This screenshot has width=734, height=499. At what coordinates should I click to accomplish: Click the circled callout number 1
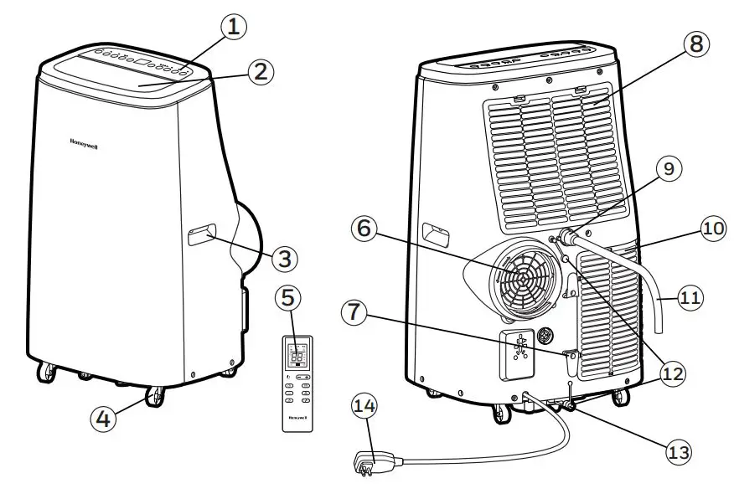coord(234,27)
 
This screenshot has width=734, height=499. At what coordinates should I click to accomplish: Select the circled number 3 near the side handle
coord(285,259)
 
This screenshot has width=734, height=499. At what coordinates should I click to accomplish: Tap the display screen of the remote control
coord(297,355)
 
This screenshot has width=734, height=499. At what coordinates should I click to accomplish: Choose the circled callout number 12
coord(670,373)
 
